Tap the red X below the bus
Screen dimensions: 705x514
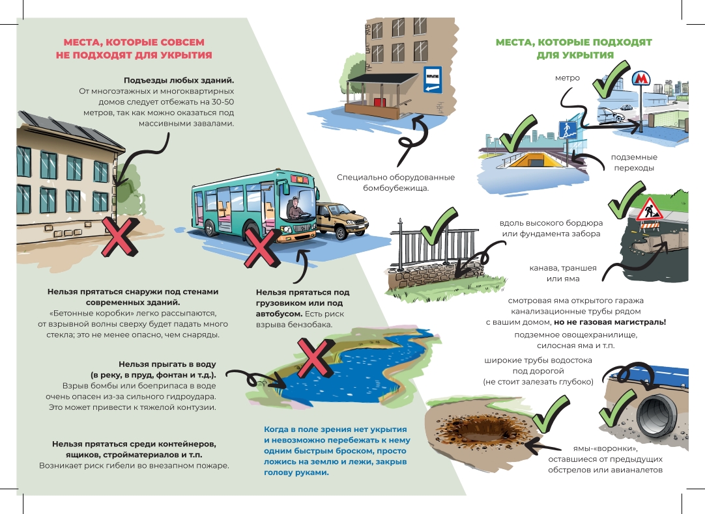(262, 249)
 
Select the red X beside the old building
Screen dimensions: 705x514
(119, 237)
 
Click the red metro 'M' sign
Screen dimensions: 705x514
(640, 79)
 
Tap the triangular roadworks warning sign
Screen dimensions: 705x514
(648, 209)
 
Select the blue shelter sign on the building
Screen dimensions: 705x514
(433, 79)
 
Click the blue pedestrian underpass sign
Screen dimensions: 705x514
(568, 129)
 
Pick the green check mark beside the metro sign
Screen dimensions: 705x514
(609, 79)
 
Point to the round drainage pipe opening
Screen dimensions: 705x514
(657, 415)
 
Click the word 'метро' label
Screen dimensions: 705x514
(568, 78)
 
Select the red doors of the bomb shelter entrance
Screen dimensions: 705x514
(379, 102)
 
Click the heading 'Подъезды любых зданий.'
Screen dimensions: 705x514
(179, 81)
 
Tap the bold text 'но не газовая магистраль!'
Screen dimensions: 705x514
(610, 322)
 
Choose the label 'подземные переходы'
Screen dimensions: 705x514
(634, 163)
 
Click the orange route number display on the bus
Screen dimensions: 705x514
(300, 180)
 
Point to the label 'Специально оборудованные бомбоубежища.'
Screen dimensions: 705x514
(396, 183)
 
